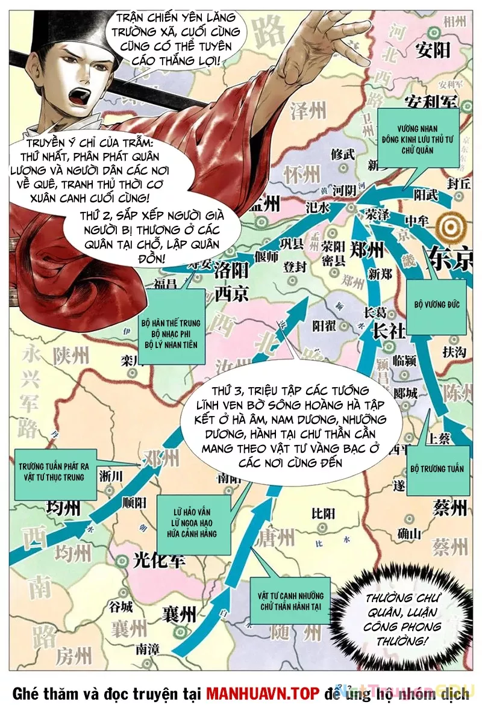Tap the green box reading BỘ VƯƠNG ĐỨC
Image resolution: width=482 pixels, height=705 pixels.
point(436,305)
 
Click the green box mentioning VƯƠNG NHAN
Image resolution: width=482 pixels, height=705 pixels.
point(419,138)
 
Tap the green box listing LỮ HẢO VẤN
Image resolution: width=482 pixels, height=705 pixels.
point(194,524)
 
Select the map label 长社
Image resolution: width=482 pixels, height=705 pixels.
point(389,331)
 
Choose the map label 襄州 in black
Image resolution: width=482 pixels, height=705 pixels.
point(180,614)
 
